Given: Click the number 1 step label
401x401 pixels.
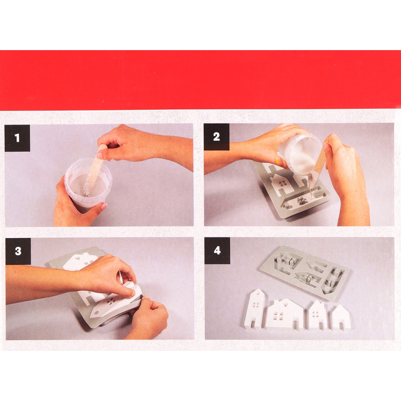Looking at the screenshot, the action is point(17,138).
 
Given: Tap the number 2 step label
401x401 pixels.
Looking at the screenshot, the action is point(217,137).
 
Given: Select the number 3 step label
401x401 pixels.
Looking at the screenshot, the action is point(18,251).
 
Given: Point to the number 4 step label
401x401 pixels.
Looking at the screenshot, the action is point(217,251).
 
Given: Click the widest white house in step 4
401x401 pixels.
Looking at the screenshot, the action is point(284,314).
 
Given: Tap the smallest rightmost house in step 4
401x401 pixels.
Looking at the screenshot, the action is point(341,318).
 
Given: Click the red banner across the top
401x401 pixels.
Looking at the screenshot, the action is point(200,80).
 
